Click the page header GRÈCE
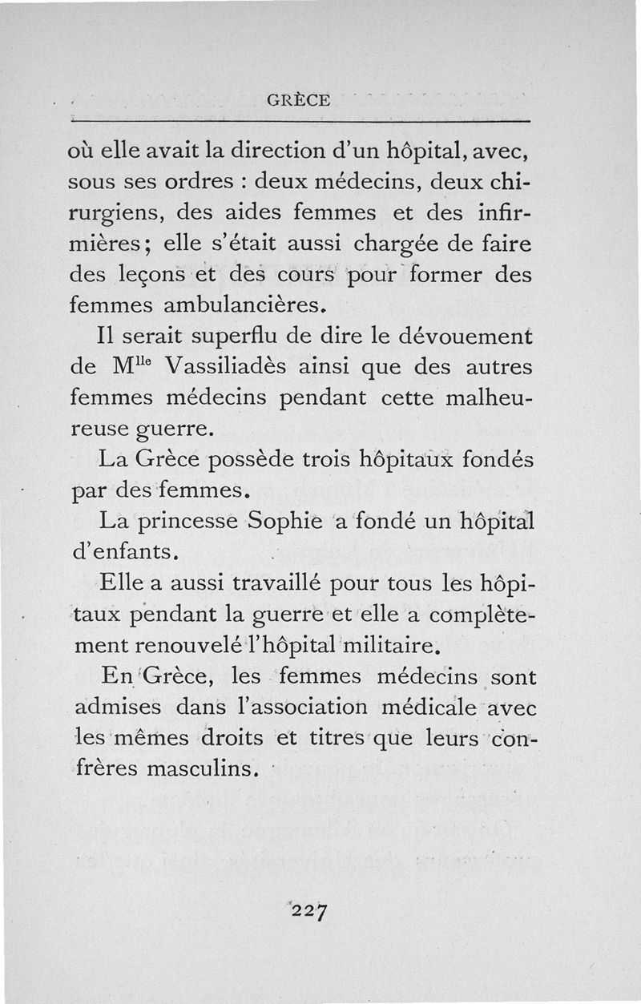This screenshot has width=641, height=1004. tap(297, 100)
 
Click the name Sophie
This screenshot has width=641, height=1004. tap(284, 522)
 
